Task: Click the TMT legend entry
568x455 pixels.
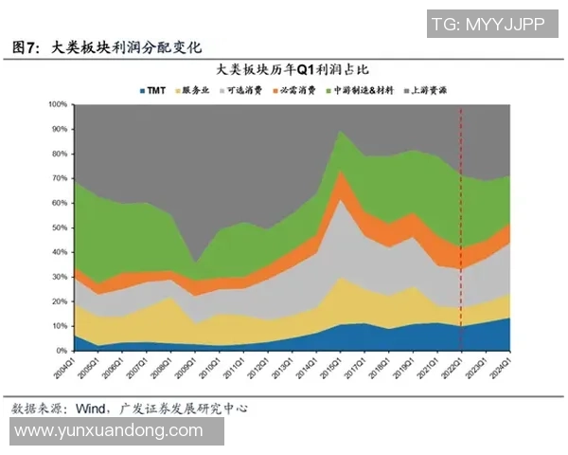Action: (155, 89)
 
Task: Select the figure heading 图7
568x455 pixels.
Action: (27, 46)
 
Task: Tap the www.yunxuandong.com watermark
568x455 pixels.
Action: (110, 431)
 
